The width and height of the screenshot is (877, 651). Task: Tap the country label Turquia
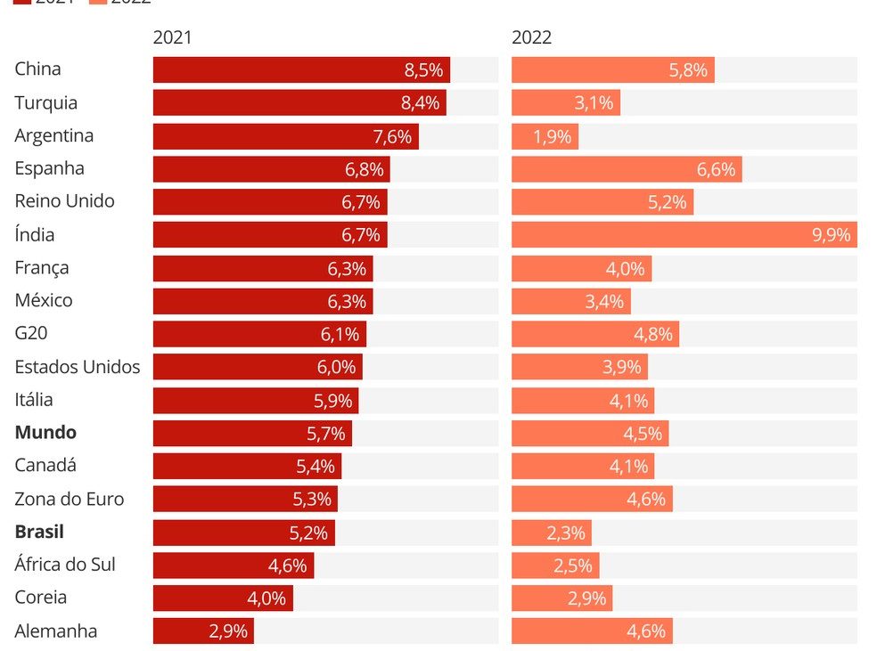pyautogui.click(x=45, y=102)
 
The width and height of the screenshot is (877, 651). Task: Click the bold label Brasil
pyautogui.click(x=39, y=532)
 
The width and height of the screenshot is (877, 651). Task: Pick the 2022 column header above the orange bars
pyautogui.click(x=531, y=37)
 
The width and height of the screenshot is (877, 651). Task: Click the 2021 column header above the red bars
pyautogui.click(x=172, y=37)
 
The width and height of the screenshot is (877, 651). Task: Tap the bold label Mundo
pyautogui.click(x=45, y=433)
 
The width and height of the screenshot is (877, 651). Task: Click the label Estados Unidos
pyautogui.click(x=78, y=367)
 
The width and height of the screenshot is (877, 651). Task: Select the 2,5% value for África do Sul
pyautogui.click(x=572, y=566)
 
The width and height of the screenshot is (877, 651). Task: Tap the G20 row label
pyautogui.click(x=30, y=334)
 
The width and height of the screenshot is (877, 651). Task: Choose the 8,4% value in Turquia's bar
pyautogui.click(x=421, y=103)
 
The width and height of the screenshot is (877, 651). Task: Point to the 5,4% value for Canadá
pyautogui.click(x=316, y=466)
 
